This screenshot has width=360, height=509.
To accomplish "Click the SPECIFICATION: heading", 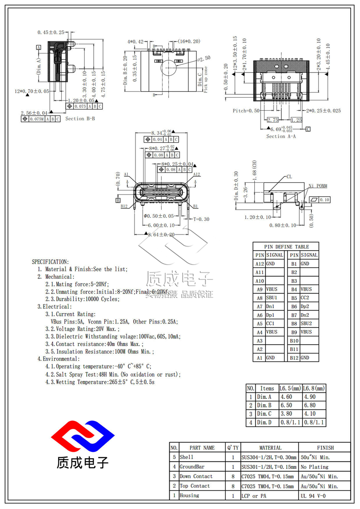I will tap(50, 261).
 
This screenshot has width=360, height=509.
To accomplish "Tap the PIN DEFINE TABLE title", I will tap(286, 247).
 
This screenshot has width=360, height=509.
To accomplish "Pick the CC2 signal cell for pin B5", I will tap(309, 298).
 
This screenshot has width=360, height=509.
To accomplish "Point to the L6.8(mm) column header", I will tap(313, 388).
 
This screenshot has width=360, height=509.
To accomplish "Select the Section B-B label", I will tap(80, 119).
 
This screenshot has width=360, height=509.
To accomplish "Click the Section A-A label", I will tap(281, 136).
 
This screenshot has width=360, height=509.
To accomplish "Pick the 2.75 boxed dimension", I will tap(273, 120).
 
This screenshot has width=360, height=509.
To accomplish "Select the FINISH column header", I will tap(325, 448).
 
